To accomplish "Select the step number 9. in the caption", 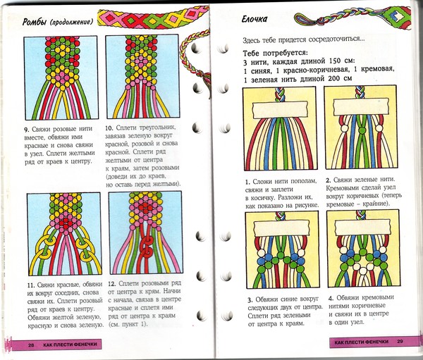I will pyautogui.click(x=26, y=130).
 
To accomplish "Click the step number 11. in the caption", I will pyautogui.click(x=27, y=283).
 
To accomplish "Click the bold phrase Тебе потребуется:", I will pyautogui.click(x=276, y=54).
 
